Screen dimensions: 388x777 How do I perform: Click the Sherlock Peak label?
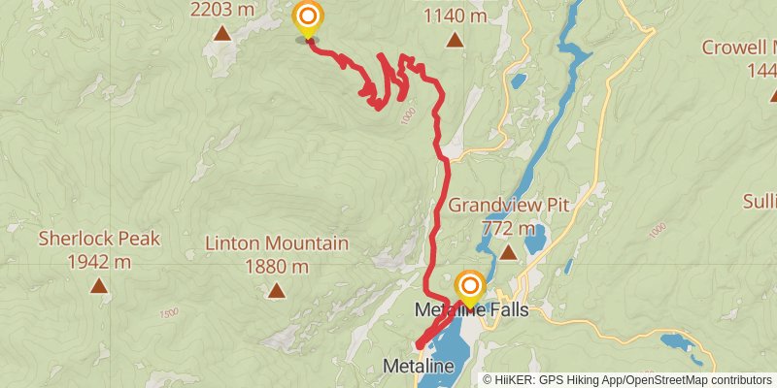(98, 239)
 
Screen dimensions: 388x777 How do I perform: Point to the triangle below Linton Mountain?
(276, 290)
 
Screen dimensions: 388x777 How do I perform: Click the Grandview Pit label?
(508, 206)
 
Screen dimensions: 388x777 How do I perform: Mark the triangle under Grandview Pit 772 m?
(508, 253)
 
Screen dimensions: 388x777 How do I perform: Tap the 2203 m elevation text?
(222, 11)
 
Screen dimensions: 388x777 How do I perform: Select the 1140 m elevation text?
(455, 16)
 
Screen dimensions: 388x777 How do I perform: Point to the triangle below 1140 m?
(455, 40)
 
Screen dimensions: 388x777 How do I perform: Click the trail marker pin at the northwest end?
(308, 17)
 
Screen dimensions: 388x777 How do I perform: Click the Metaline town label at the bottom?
(419, 367)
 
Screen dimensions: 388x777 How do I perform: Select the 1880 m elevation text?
(276, 267)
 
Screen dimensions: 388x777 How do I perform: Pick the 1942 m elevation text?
(98, 262)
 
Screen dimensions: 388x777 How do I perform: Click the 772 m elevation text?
(508, 229)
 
